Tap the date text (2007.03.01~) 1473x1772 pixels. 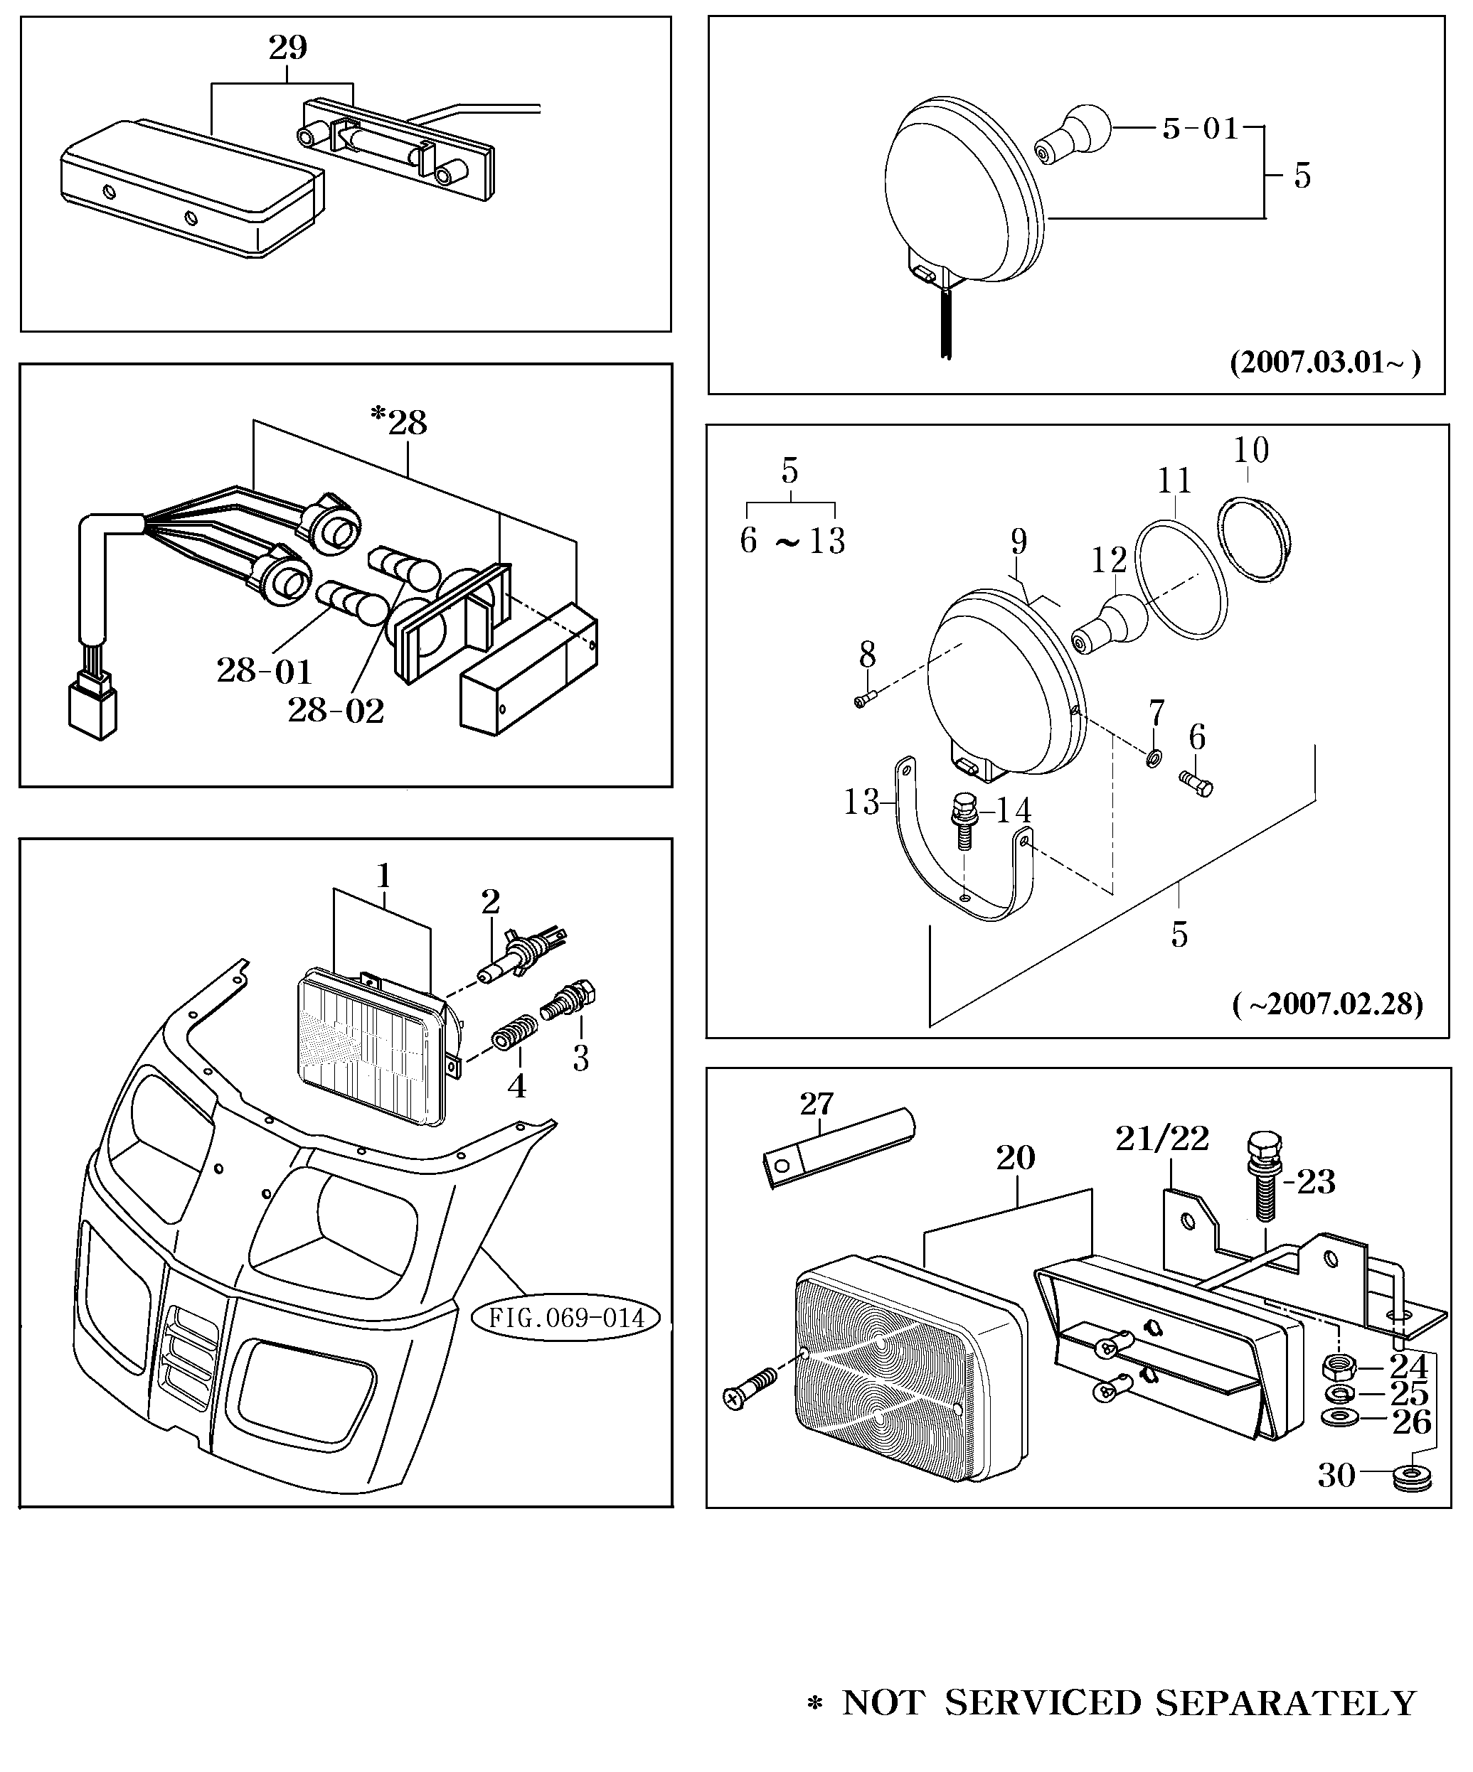click(1324, 363)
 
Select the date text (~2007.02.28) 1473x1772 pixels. click(1327, 1004)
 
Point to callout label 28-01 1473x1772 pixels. click(264, 671)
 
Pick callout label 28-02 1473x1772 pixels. click(335, 711)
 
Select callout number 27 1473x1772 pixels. click(817, 1104)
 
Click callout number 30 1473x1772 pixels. click(1336, 1475)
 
